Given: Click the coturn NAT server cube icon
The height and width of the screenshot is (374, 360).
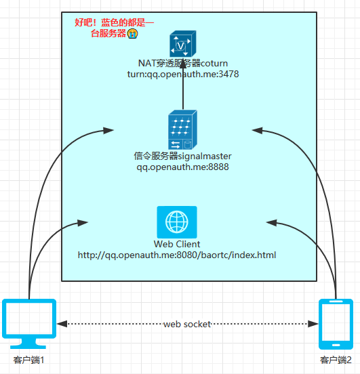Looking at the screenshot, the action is tap(183, 43).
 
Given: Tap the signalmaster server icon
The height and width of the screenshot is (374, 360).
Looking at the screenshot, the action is tap(182, 129).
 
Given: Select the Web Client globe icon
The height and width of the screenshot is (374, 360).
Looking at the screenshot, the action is tap(177, 222).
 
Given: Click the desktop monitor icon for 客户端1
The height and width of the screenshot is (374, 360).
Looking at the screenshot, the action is tap(29, 324).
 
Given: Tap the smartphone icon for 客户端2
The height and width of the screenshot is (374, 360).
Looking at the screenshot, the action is tap(336, 324).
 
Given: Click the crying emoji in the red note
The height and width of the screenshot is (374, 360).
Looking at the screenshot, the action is tap(132, 33).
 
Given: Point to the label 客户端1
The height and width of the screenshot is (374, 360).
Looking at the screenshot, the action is tap(28, 360).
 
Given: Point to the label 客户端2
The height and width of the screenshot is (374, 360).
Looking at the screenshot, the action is tap(336, 360).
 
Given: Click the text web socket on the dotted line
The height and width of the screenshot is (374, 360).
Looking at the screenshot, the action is tap(187, 324).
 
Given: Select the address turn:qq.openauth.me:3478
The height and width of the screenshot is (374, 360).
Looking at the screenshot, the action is tap(183, 74).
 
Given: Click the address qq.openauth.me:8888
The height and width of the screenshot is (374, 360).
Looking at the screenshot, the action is tap(182, 167).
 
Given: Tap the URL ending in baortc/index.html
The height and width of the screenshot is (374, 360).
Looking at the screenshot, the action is tap(177, 255).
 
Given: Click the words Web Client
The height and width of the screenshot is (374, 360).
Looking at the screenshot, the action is tap(177, 244).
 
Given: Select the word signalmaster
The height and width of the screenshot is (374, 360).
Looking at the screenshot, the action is tap(205, 157).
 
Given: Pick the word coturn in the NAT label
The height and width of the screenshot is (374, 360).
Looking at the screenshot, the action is tap(214, 64).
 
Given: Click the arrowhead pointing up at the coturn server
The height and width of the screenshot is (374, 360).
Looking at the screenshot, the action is tap(183, 63).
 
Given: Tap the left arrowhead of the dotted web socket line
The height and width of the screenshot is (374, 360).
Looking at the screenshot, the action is tap(62, 324).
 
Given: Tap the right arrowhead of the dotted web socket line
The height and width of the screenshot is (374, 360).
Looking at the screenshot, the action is tap(313, 324).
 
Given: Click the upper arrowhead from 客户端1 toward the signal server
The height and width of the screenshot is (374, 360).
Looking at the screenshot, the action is tap(108, 131).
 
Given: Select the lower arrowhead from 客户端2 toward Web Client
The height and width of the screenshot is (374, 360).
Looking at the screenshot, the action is tap(272, 222).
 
